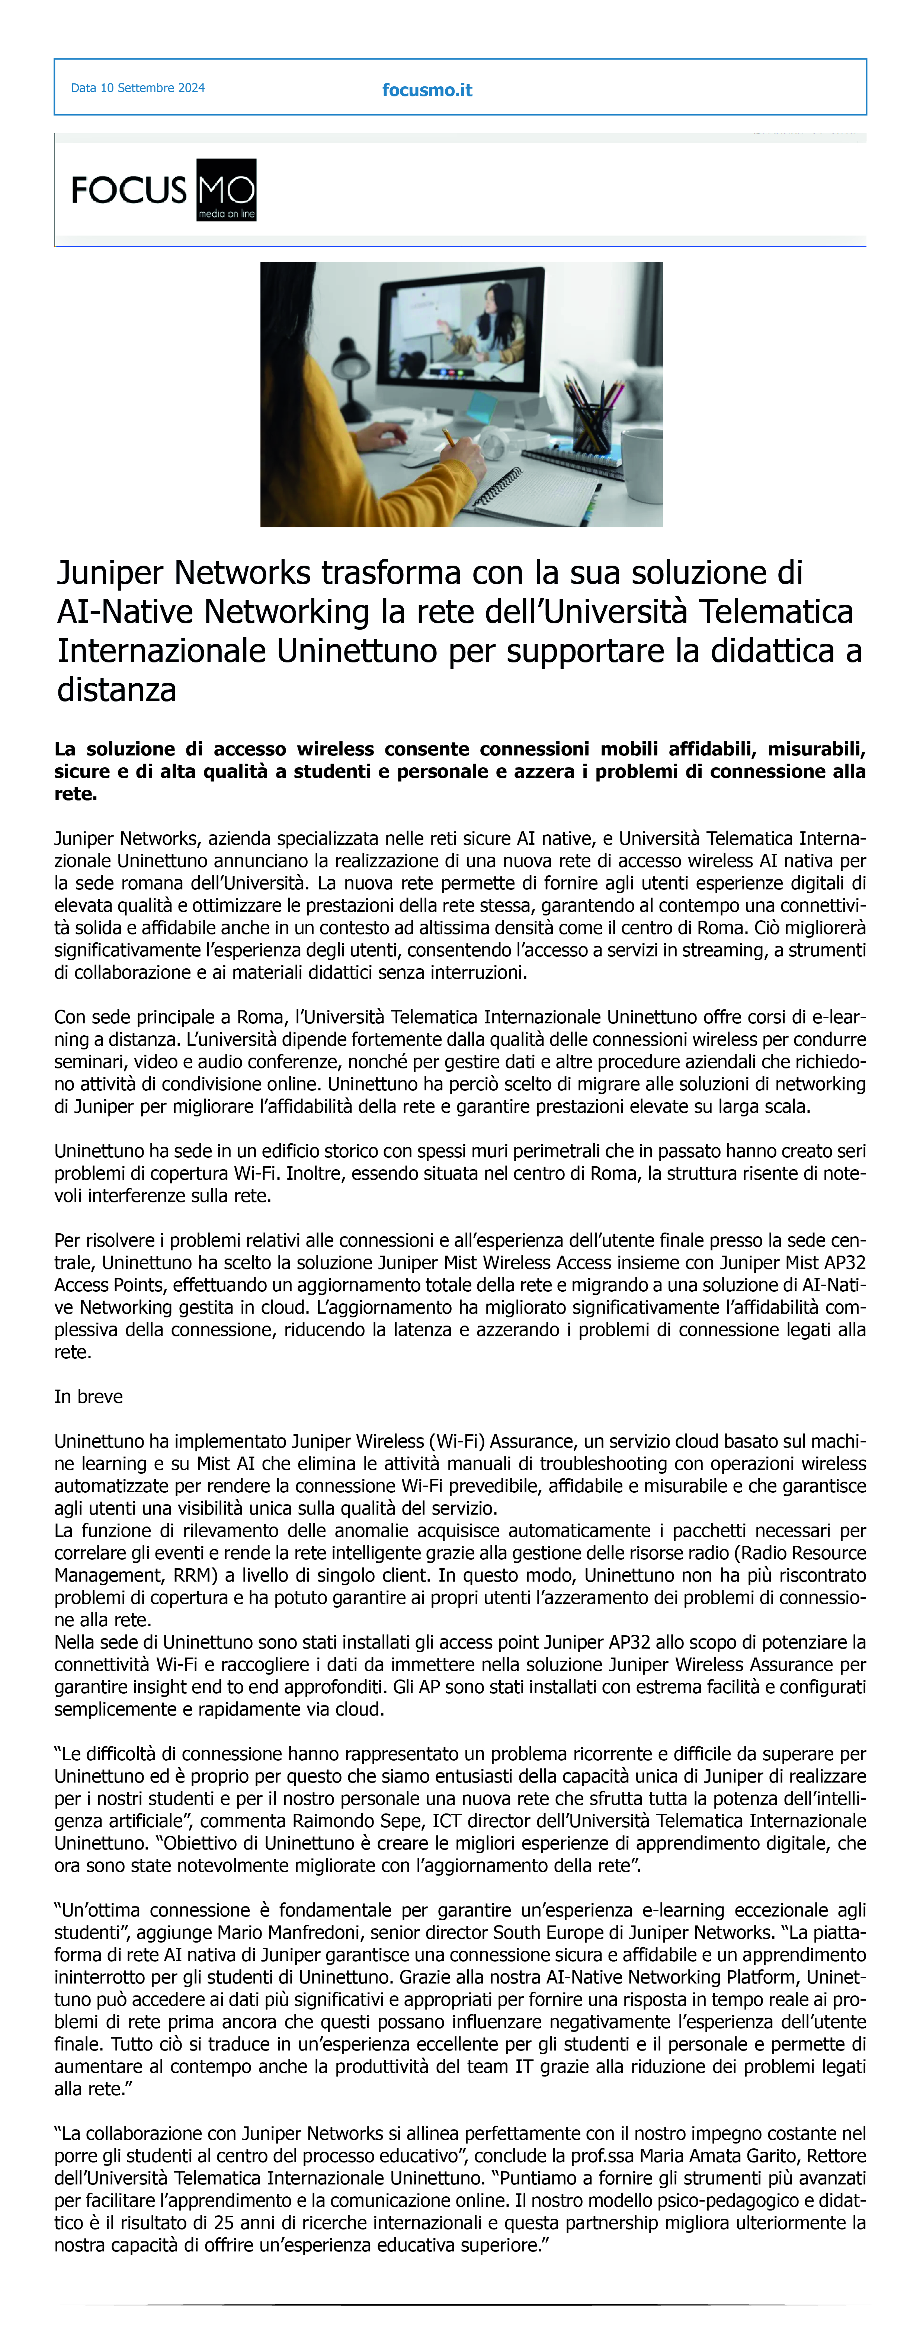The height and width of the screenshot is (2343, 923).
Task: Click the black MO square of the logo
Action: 227,189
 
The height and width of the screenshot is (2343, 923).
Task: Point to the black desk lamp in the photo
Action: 350,364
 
